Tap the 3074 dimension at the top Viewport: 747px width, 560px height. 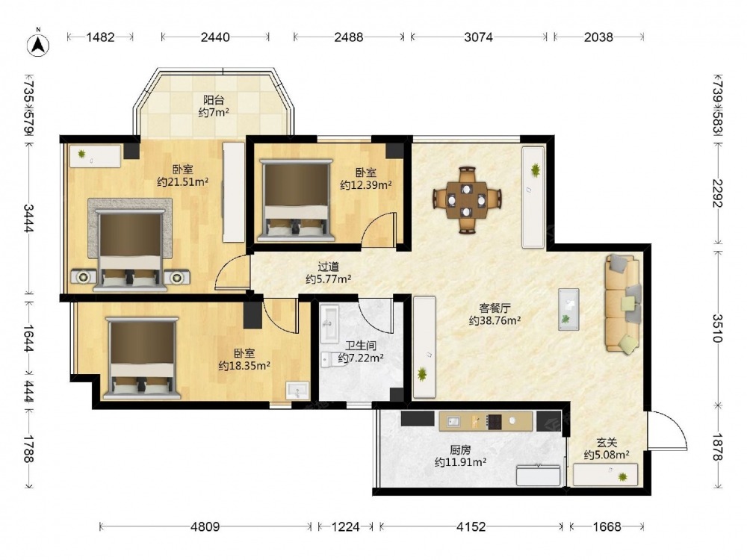[x=478, y=37]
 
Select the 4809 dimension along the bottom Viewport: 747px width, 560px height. [x=205, y=526]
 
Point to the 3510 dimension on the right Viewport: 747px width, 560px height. [x=718, y=329]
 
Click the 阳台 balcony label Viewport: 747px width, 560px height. [x=214, y=100]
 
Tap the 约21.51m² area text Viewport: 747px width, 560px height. [x=183, y=181]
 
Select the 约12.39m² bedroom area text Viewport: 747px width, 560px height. [x=365, y=184]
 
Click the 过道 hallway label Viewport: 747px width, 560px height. [x=328, y=267]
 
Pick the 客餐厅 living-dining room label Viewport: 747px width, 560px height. [x=495, y=308]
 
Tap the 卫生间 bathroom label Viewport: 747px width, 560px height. [x=361, y=345]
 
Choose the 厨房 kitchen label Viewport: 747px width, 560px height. [x=460, y=449]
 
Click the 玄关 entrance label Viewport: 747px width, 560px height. [x=607, y=443]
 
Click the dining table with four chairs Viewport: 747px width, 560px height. [x=467, y=199]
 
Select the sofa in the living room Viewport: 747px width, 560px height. [x=622, y=304]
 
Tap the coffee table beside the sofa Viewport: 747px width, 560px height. [x=568, y=309]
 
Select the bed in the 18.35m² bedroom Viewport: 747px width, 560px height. [x=143, y=358]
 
